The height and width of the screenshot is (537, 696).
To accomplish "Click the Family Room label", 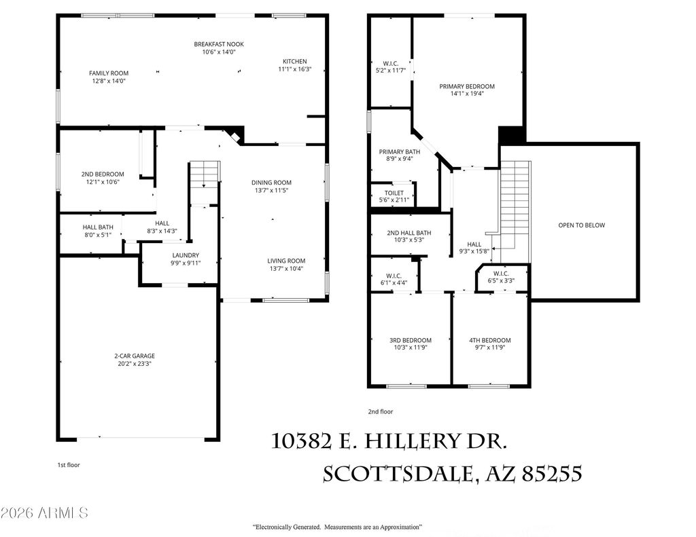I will (109, 73).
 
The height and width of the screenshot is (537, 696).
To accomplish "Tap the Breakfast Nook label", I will (219, 44).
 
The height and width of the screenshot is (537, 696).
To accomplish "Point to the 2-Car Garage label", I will (134, 356).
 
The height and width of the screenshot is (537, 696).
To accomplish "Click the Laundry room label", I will (185, 255).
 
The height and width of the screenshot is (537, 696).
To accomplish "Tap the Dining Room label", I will (271, 182).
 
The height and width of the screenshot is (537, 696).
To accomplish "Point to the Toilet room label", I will (394, 193).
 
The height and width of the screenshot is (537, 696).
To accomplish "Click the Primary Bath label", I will (399, 152).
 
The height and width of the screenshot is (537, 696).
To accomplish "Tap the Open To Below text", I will (581, 225).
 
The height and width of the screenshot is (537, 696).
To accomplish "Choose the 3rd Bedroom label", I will (410, 340).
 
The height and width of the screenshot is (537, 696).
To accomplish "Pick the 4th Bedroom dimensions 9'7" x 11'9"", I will (489, 348).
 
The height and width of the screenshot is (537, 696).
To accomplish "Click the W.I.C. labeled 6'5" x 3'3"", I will (501, 276).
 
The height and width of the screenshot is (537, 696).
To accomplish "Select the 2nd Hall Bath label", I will (409, 233).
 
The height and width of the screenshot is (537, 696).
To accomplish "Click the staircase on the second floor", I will (515, 204).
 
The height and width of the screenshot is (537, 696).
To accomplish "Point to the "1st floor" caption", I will (70, 465).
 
